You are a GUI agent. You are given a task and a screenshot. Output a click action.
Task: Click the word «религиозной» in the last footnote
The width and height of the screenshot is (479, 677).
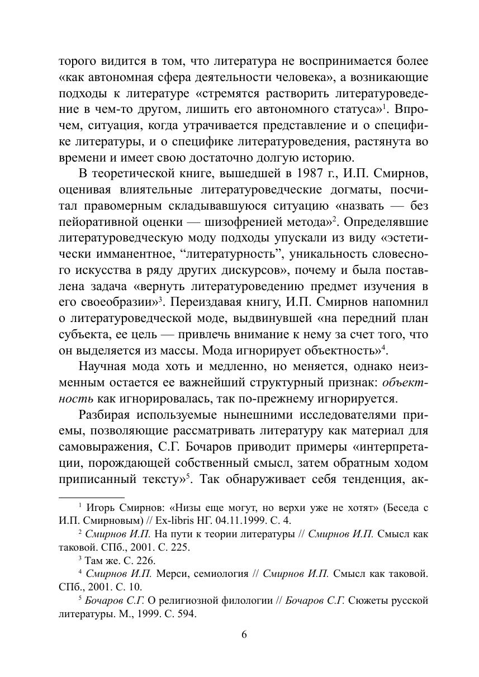[188, 601]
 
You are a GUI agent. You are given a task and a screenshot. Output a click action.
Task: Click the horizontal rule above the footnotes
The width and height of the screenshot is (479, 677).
[91, 496]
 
